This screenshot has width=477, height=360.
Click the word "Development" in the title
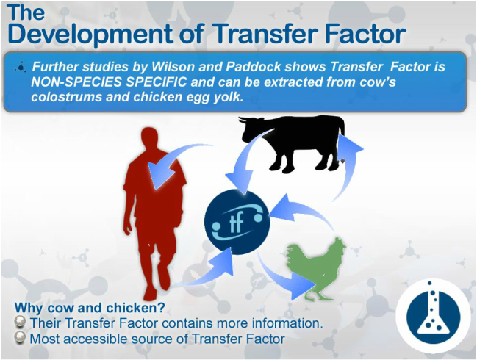point(90,35)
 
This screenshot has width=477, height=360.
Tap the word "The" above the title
point(26,12)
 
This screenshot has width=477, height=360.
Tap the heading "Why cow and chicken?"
point(90,308)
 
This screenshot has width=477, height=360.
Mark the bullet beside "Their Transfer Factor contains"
point(20,322)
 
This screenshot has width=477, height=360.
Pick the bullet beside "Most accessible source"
point(20,338)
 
